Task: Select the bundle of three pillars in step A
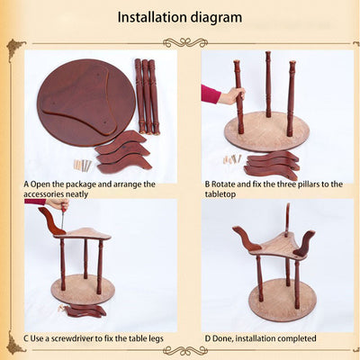tap(147, 96)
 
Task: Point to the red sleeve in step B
tap(211, 94)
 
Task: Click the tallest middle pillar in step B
tap(268, 85)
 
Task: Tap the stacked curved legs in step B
tap(273, 165)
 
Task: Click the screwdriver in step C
tap(63, 219)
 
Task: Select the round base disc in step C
tap(83, 290)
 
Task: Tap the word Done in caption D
tap(222, 338)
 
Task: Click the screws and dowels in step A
tap(83, 166)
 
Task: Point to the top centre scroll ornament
tap(185, 42)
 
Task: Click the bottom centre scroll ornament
tap(185, 350)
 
